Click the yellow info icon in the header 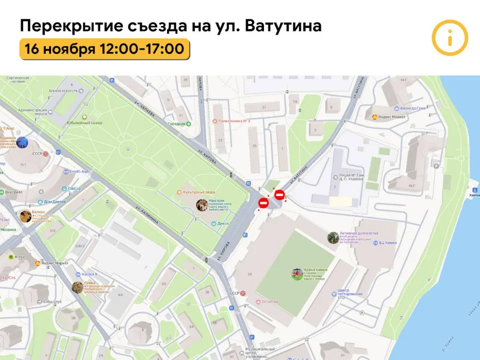pyautogui.click(x=449, y=37)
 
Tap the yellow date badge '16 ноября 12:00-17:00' pyautogui.click(x=104, y=49)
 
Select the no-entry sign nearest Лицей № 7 pyautogui.click(x=279, y=195)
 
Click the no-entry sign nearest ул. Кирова pyautogui.click(x=263, y=203)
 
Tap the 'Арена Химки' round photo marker pyautogui.click(x=297, y=273)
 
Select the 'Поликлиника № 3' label pyautogui.click(x=233, y=121)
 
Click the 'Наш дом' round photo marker pyautogui.click(x=202, y=205)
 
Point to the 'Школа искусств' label pyautogui.click(x=63, y=90)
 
